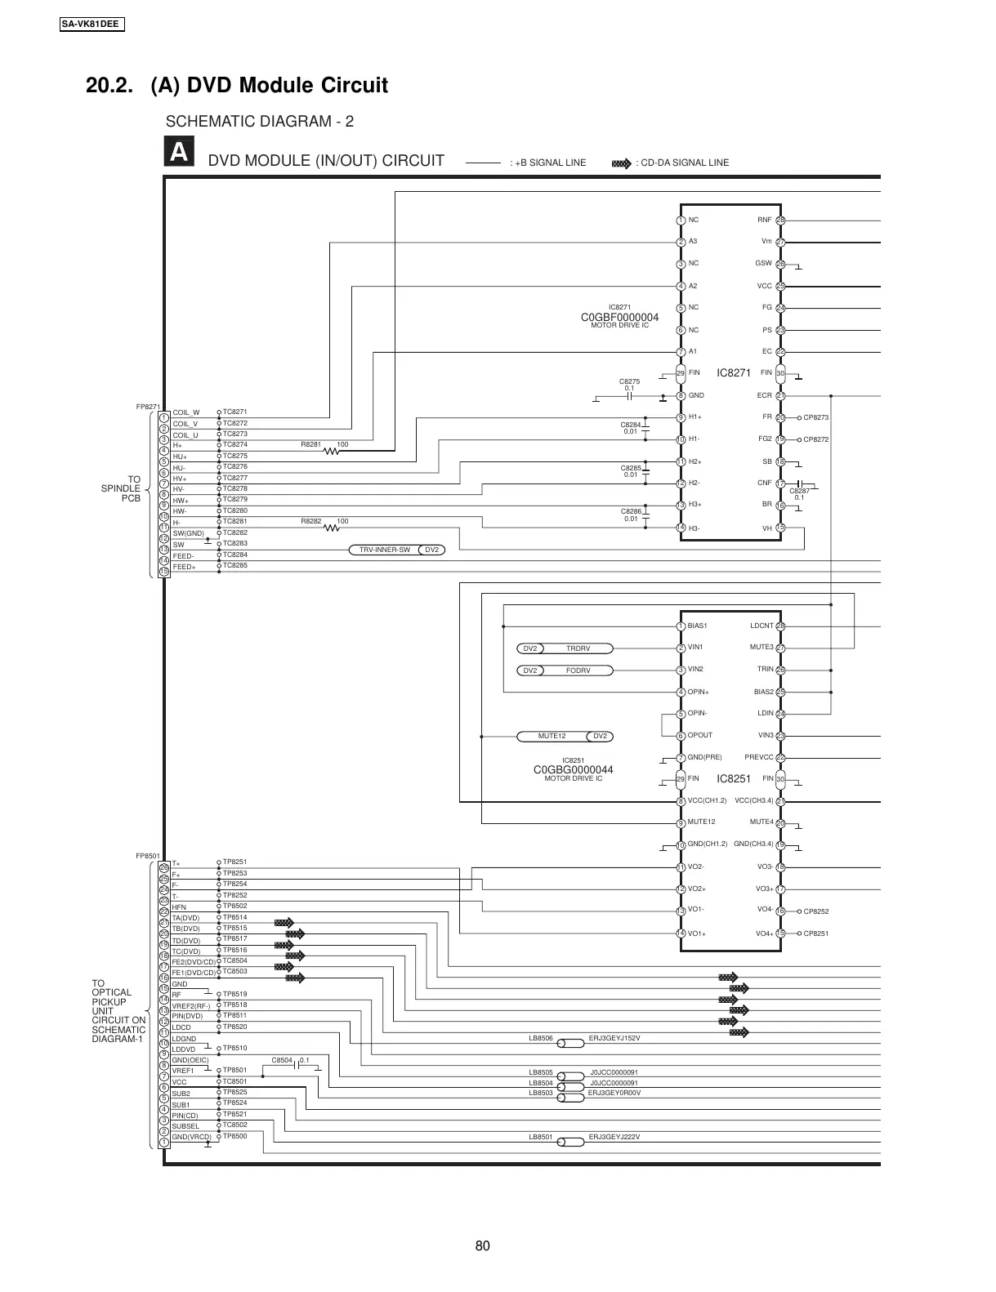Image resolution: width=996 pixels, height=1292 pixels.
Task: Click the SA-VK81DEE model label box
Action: tap(92, 24)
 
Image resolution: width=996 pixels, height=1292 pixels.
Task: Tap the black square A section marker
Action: tap(179, 153)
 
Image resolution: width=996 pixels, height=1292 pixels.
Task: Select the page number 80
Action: tap(482, 1245)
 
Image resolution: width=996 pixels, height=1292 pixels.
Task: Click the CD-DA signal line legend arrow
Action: tap(622, 163)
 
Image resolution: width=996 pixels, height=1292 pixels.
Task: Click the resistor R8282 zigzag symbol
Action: tap(332, 528)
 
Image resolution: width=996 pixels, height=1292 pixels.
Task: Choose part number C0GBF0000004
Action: tap(619, 317)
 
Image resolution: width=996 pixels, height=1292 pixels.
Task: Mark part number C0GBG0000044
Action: tap(573, 770)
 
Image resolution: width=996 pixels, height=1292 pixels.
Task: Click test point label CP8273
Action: tap(815, 417)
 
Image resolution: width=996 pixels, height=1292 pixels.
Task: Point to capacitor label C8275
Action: tap(629, 381)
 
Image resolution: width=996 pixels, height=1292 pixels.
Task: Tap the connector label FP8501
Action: tap(147, 856)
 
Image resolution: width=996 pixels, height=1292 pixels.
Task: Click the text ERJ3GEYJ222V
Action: tap(614, 1137)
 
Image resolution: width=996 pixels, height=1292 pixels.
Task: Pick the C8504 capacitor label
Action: tap(281, 1060)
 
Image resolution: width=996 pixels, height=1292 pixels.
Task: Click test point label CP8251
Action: tap(815, 933)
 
